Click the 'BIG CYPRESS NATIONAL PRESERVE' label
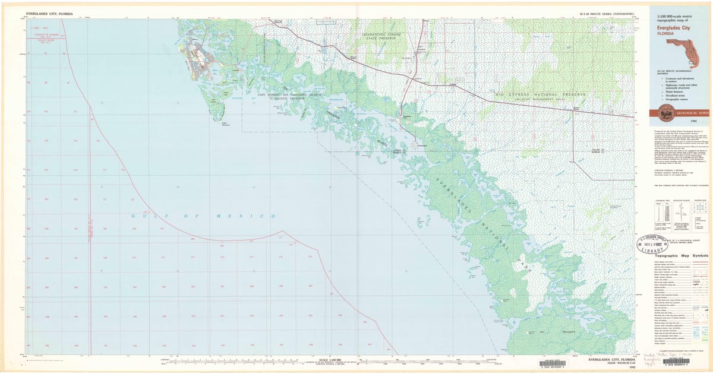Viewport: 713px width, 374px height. (541, 95)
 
